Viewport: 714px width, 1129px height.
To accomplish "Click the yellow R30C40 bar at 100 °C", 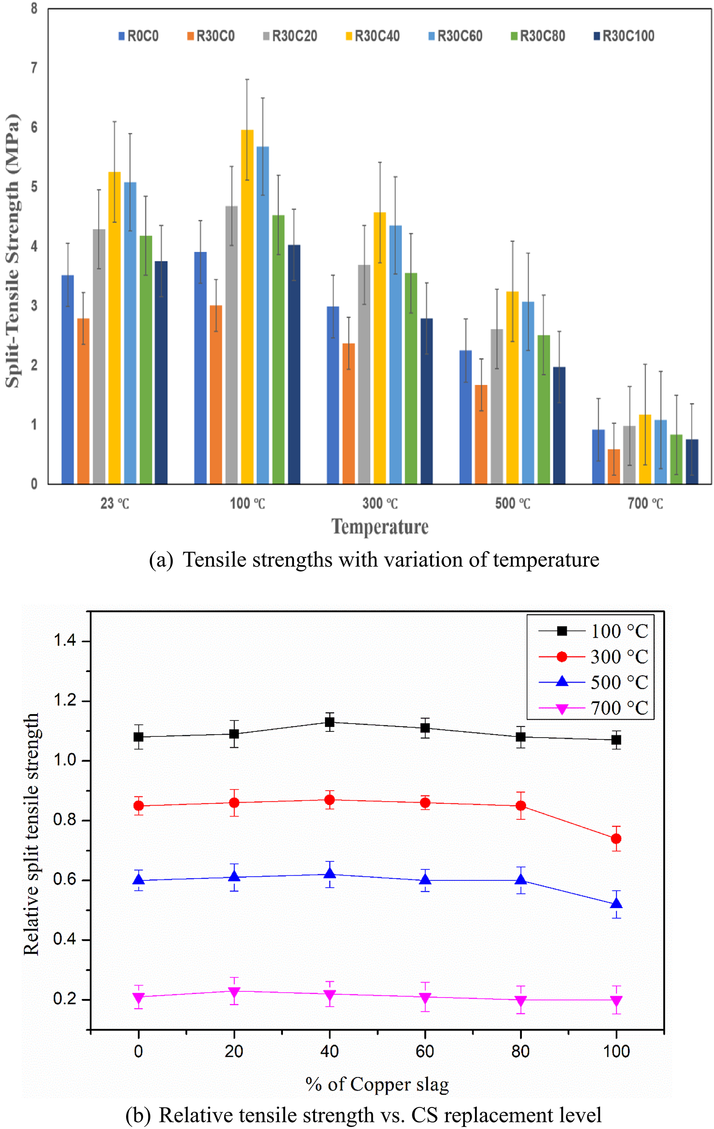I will (x=247, y=306).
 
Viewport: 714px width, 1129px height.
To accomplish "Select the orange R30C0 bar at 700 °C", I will (x=614, y=466).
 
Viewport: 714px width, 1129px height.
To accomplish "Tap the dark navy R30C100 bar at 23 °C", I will (x=161, y=373).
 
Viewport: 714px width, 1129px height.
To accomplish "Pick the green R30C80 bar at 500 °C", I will (x=543, y=409).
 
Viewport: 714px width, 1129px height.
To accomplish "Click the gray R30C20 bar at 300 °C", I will (x=364, y=374).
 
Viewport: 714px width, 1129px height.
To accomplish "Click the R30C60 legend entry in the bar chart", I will (x=455, y=36).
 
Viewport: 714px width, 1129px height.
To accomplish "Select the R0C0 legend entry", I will (x=138, y=36).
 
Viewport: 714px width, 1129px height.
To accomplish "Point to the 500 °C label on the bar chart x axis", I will (x=512, y=503).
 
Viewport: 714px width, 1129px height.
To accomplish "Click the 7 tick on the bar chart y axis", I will (x=34, y=68).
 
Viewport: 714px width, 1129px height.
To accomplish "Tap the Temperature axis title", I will (x=380, y=527).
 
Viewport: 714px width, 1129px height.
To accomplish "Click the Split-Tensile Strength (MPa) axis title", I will (x=13, y=251).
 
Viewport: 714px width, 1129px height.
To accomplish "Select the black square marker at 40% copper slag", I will (x=329, y=722).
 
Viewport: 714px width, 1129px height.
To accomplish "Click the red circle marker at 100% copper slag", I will (x=616, y=838).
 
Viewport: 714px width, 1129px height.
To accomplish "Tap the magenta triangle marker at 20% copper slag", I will (x=234, y=992).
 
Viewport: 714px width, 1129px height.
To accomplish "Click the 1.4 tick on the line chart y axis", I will (x=65, y=640).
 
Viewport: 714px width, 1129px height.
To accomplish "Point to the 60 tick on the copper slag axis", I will (x=425, y=1051).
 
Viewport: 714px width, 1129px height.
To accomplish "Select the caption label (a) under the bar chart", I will (x=161, y=560).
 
